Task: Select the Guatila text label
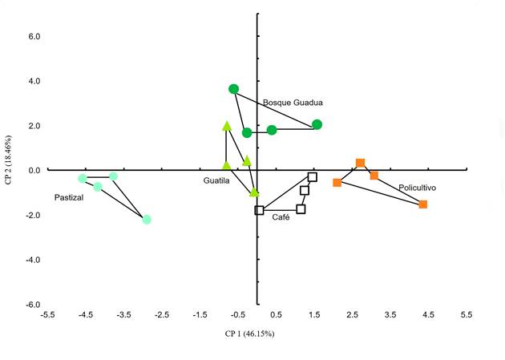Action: pyautogui.click(x=216, y=181)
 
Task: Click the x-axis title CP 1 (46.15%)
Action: pyautogui.click(x=249, y=334)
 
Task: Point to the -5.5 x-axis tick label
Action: pyautogui.click(x=47, y=315)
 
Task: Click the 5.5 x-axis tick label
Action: pyautogui.click(x=467, y=315)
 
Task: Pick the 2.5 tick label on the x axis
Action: pyautogui.click(x=352, y=315)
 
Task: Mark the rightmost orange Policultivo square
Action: pyautogui.click(x=423, y=204)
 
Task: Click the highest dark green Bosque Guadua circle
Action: pyautogui.click(x=233, y=89)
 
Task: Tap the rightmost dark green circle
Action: pyautogui.click(x=317, y=124)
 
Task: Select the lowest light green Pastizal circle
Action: pyautogui.click(x=147, y=219)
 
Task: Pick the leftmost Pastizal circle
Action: pyautogui.click(x=83, y=178)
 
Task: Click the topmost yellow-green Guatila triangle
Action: pyautogui.click(x=227, y=126)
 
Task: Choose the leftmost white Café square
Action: pyautogui.click(x=260, y=210)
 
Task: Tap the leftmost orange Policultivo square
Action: pyautogui.click(x=337, y=183)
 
